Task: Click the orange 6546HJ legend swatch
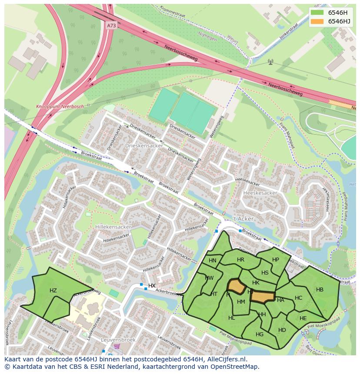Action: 317,21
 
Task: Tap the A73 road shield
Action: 111,26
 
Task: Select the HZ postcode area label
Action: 53,291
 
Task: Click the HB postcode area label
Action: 320,290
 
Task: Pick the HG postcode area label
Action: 260,334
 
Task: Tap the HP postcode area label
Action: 275,260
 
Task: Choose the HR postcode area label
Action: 240,260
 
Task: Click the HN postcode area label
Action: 212,261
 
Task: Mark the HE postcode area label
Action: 303,318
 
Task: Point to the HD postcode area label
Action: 282,330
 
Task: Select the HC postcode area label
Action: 298,298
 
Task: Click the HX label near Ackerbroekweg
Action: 152,286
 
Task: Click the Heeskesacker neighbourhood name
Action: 260,192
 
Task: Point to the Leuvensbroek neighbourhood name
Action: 118,340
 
